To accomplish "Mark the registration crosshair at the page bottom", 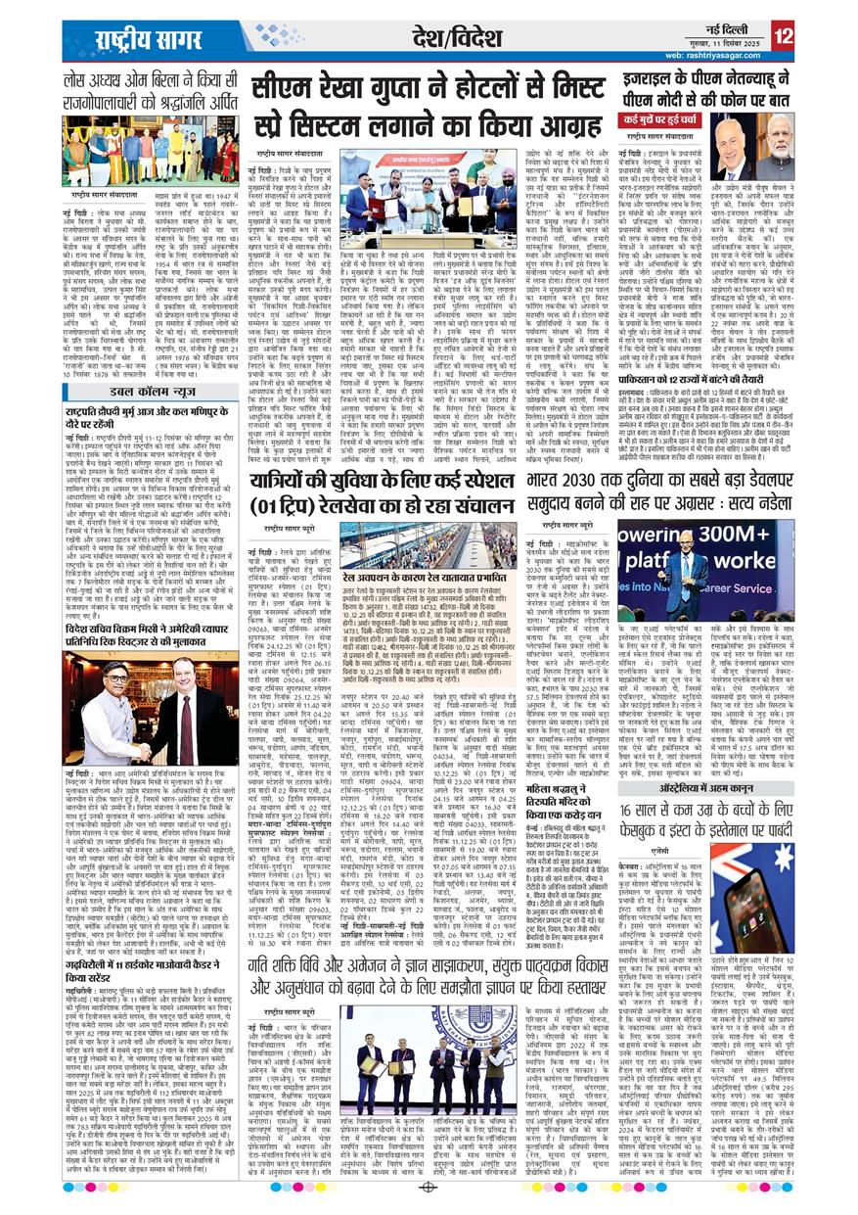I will pos(428,1188).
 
